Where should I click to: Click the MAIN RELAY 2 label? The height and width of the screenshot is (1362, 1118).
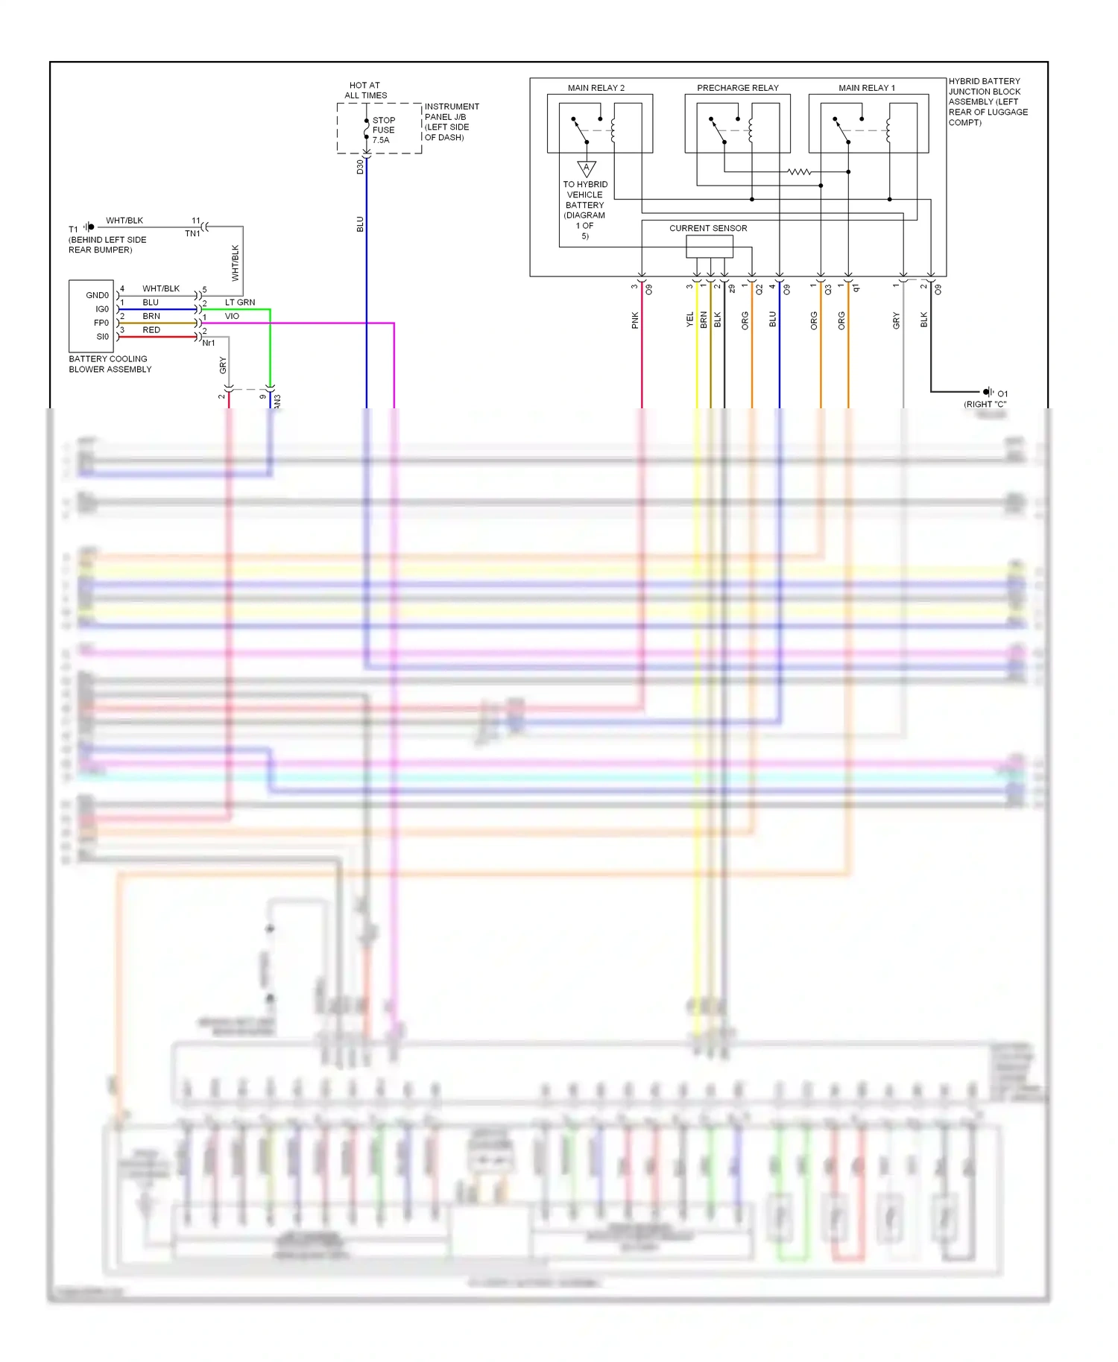pos(596,88)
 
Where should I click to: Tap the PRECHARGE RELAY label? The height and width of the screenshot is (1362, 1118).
pos(737,88)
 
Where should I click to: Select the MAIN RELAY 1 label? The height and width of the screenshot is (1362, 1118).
pos(866,88)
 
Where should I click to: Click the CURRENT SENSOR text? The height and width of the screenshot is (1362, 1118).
pos(707,228)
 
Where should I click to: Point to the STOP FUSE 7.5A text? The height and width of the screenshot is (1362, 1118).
pos(383,130)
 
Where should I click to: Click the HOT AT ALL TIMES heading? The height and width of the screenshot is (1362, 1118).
pos(365,90)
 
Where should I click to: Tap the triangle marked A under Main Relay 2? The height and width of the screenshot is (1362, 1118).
pos(587,168)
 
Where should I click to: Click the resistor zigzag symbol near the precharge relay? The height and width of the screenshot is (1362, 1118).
pos(798,172)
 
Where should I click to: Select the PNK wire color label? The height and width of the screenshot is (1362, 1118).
pos(635,320)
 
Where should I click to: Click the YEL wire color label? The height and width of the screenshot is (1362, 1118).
pos(690,320)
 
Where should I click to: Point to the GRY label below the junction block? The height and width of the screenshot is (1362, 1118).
pos(897,320)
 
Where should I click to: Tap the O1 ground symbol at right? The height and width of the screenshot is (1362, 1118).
pos(988,392)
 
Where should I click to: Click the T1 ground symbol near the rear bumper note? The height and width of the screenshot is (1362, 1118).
pos(89,227)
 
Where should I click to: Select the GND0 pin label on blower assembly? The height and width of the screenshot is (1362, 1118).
pos(97,295)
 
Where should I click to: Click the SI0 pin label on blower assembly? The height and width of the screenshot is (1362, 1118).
pos(102,337)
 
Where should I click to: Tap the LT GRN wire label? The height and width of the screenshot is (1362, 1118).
pos(240,303)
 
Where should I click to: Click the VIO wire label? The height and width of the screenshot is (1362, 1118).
pos(232,316)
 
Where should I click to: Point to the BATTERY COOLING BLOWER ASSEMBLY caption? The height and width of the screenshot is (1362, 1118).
pos(110,364)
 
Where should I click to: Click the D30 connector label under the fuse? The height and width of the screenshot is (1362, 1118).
pos(360,167)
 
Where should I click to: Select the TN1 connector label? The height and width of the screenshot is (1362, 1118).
pos(192,234)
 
